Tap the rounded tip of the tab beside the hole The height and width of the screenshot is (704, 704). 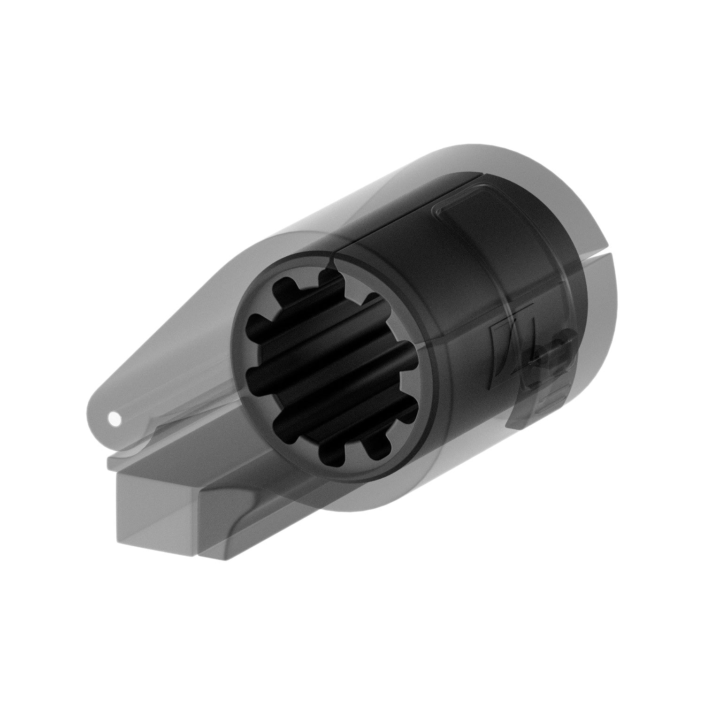click(94, 413)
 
